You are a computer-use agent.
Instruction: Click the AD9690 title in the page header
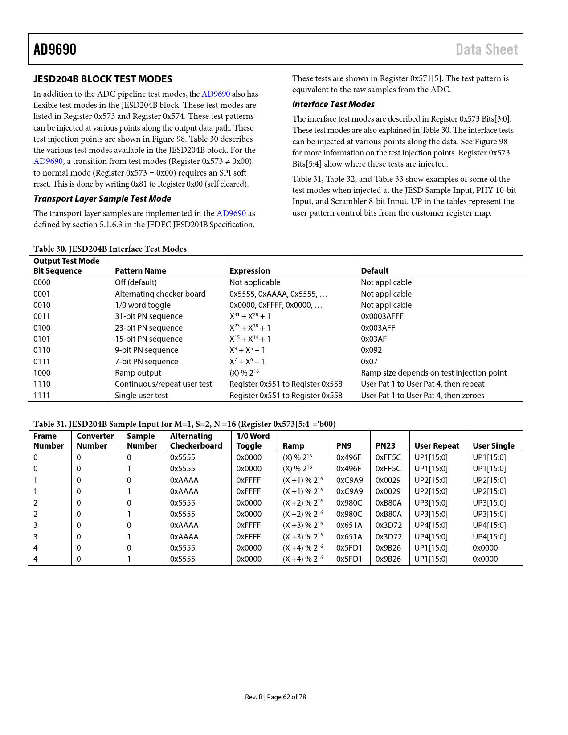[x=55, y=49]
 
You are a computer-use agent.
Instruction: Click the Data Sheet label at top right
[x=486, y=49]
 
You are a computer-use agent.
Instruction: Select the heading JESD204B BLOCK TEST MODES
[x=102, y=79]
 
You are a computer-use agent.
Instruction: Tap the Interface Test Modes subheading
[x=333, y=104]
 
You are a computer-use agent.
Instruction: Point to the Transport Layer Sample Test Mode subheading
[x=102, y=199]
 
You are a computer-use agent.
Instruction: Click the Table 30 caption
[x=110, y=249]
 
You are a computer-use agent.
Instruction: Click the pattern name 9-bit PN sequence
[x=146, y=350]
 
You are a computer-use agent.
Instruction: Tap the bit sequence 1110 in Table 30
[x=42, y=384]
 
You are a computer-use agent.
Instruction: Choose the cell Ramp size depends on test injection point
[x=433, y=373]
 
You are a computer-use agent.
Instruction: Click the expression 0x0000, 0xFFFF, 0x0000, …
[x=275, y=305]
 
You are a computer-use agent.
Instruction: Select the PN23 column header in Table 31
[x=385, y=446]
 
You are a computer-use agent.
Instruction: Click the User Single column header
[x=493, y=446]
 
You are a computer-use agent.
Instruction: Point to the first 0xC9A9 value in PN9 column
[x=349, y=480]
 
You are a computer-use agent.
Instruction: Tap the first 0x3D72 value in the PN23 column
[x=388, y=525]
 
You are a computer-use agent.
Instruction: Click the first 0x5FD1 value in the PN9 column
[x=349, y=548]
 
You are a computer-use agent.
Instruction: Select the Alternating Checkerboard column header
[x=196, y=441]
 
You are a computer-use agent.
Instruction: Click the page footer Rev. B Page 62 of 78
[x=275, y=697]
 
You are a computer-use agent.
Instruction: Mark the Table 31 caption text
[x=184, y=424]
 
